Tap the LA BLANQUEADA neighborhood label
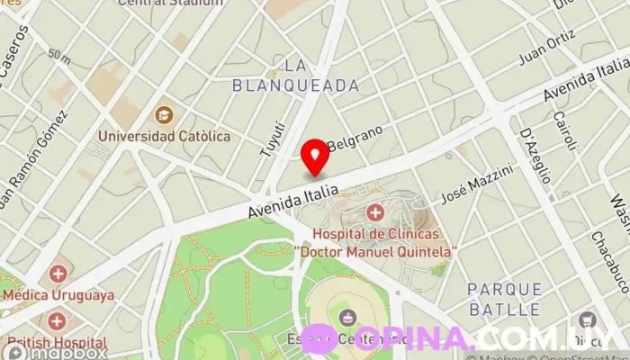coord(295,76)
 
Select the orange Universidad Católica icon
coord(164,114)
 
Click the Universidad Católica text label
coord(164,136)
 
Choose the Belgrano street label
coord(355,138)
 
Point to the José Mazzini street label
coord(477,184)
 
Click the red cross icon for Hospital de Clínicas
coord(374,212)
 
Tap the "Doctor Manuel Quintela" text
coord(375,250)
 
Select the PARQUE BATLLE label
coord(505,299)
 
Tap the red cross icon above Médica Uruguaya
coord(57,273)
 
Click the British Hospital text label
coord(57,342)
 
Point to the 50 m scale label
coord(59,56)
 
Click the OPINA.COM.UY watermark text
coord(486,338)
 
